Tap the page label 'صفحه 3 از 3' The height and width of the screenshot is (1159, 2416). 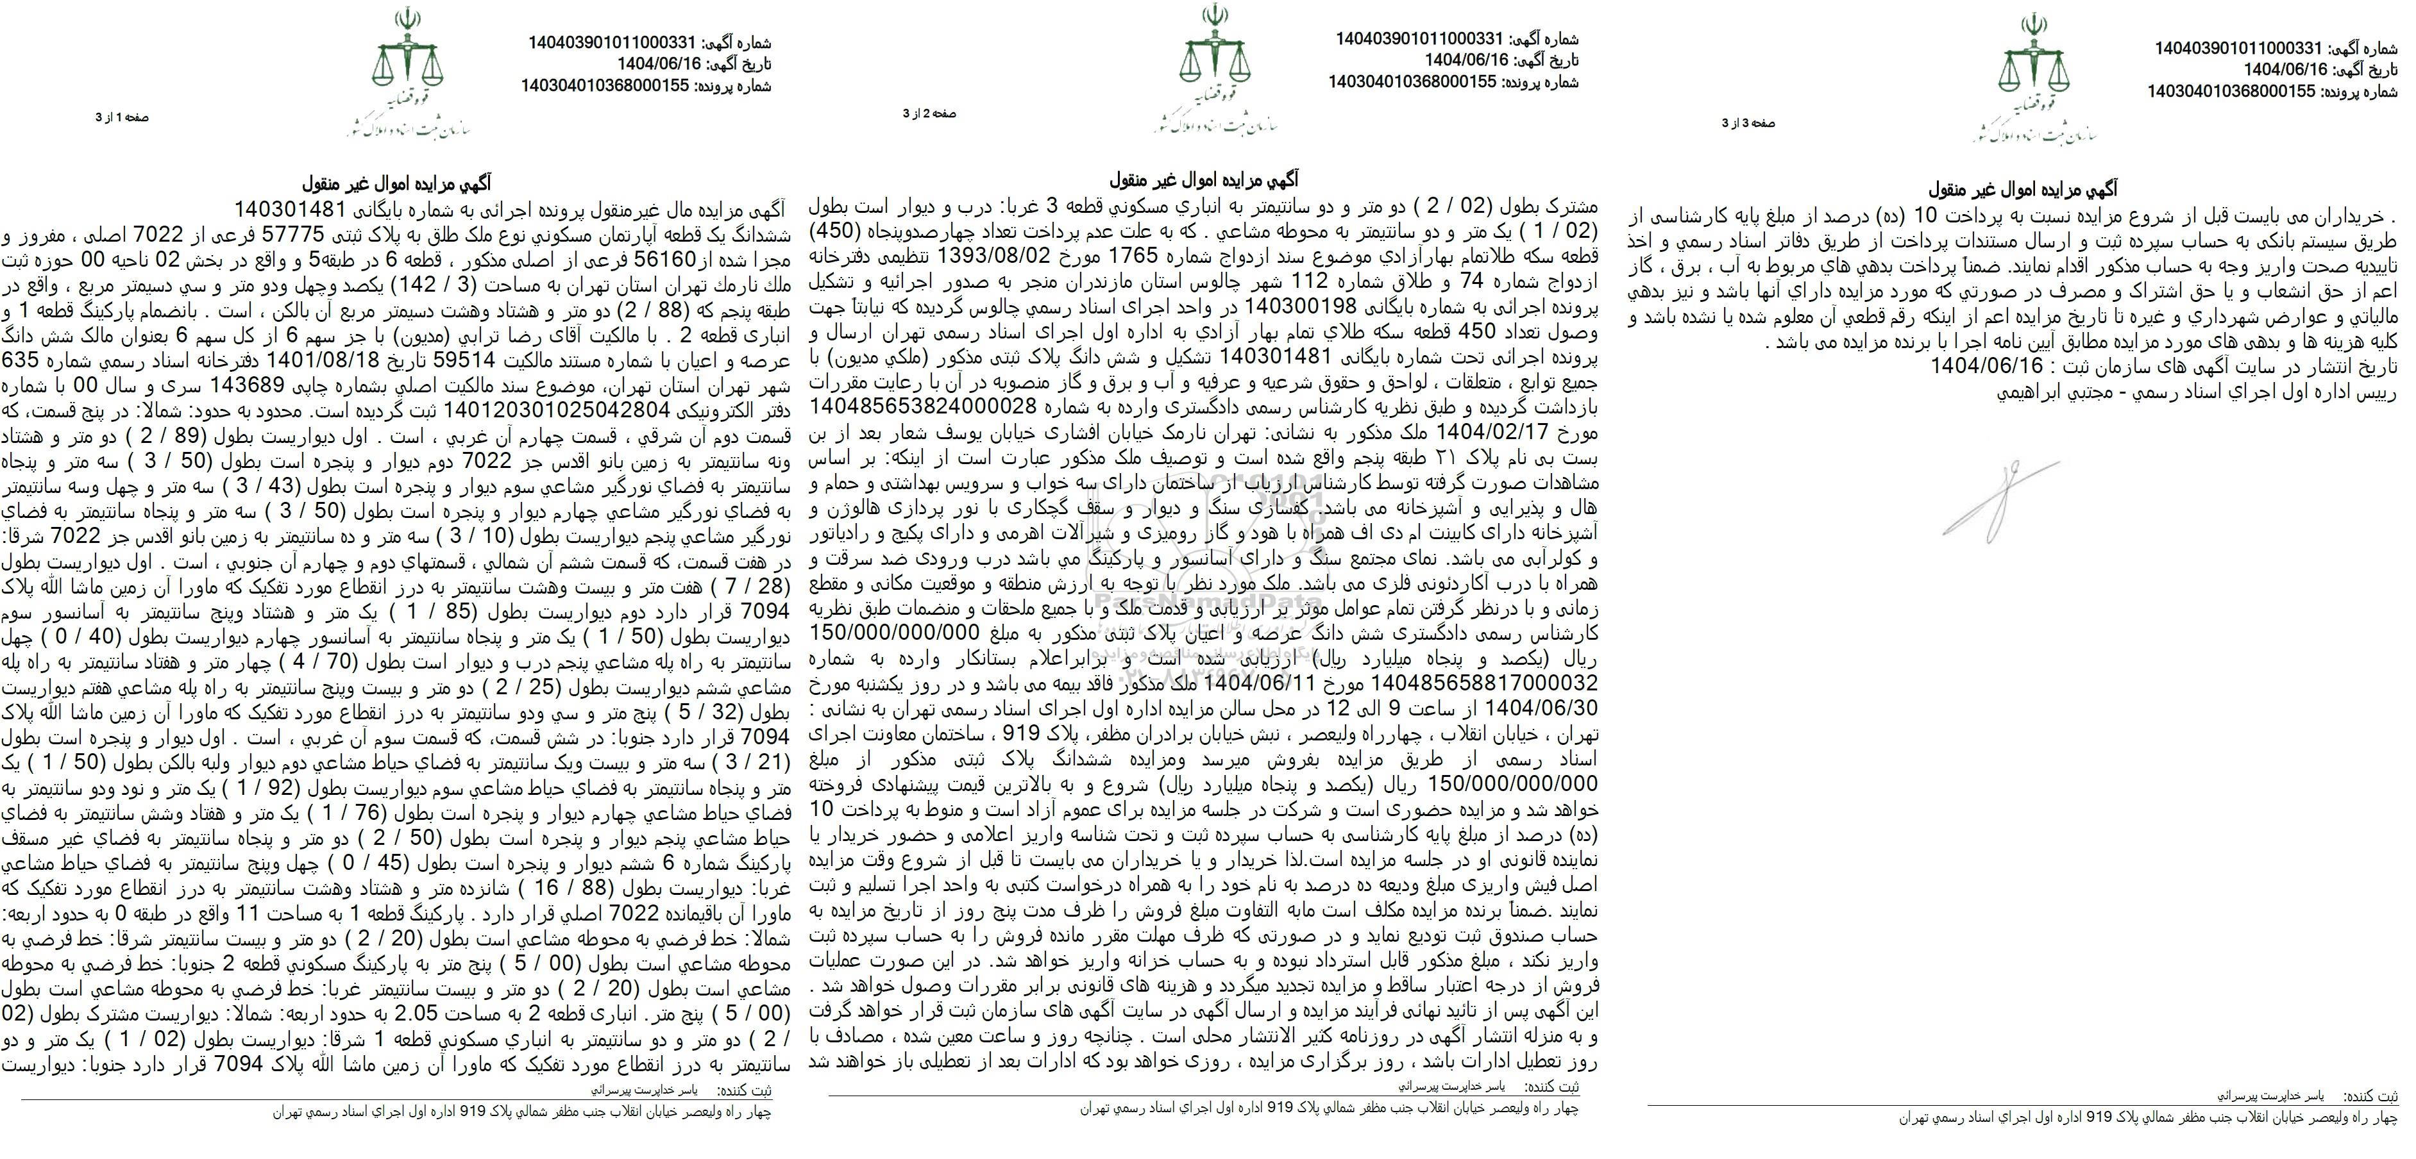[1748, 123]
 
